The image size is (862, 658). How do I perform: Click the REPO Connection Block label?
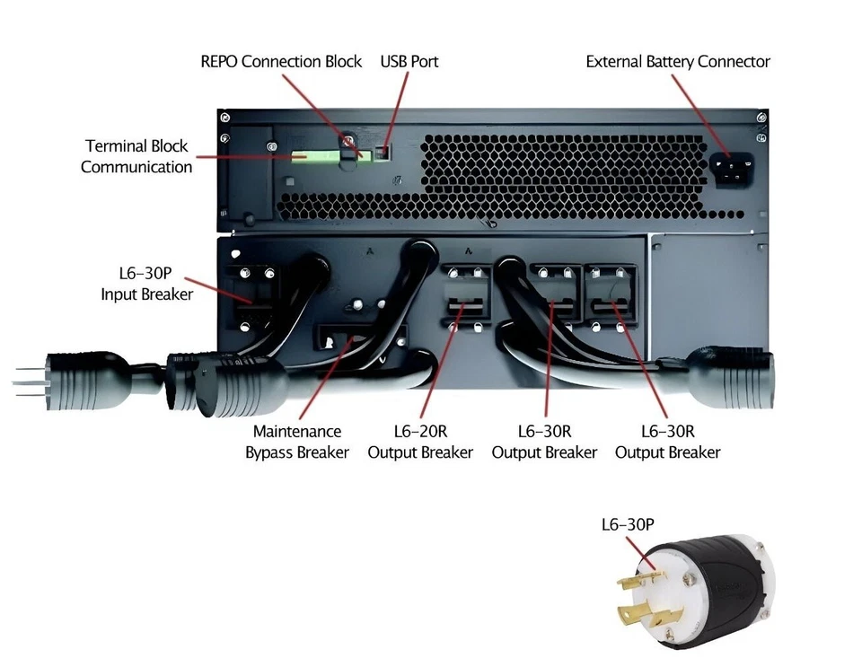281,62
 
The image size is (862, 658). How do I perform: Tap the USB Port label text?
409,62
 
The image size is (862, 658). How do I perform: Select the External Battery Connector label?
678,62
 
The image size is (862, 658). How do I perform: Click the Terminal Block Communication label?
136,156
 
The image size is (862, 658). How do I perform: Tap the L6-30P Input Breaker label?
146,283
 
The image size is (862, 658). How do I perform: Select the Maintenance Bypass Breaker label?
297,443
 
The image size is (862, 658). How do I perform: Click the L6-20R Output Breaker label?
419,443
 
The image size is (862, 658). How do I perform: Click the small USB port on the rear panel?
383,152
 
